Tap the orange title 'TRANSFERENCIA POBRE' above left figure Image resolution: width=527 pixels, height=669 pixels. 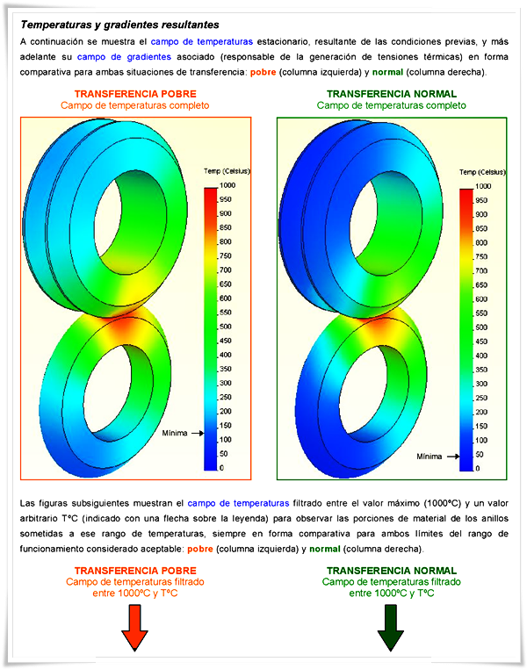pyautogui.click(x=135, y=94)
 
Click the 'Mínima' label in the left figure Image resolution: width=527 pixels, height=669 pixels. pyautogui.click(x=175, y=434)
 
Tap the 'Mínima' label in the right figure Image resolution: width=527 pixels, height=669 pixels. pyautogui.click(x=430, y=457)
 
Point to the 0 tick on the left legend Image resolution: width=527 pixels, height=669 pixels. pyautogui.click(x=220, y=469)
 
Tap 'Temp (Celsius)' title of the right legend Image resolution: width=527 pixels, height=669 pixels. pyautogui.click(x=481, y=172)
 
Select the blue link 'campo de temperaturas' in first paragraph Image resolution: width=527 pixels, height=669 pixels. pyautogui.click(x=202, y=42)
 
